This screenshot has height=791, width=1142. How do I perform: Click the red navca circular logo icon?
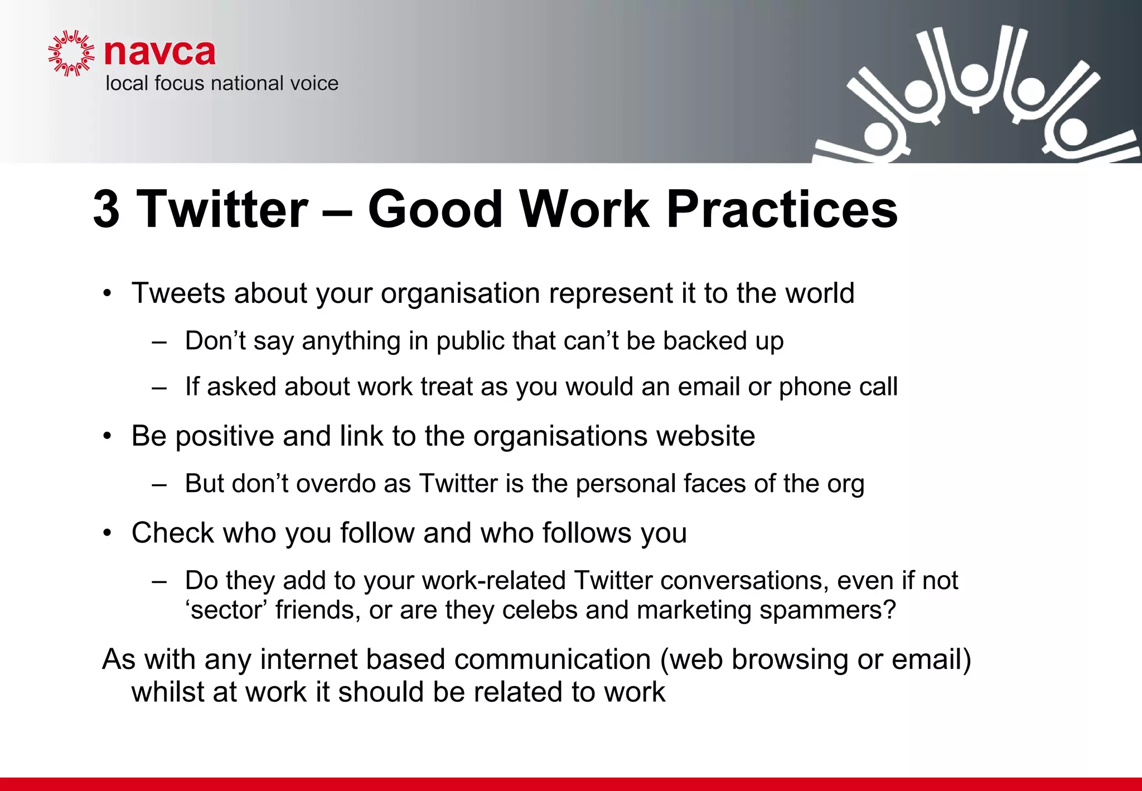(71, 53)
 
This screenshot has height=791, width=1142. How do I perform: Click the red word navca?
(159, 52)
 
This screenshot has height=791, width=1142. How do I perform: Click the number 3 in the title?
(106, 209)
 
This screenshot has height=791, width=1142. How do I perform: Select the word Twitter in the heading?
(222, 209)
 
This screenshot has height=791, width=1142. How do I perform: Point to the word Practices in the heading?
(782, 209)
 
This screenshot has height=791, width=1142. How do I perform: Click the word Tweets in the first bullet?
(178, 293)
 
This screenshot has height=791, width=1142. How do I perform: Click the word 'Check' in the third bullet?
(172, 533)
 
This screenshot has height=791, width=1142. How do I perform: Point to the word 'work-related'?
(493, 581)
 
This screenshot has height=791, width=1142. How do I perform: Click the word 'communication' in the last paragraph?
(552, 660)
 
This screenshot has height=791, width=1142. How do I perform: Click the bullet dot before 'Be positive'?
(108, 436)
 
